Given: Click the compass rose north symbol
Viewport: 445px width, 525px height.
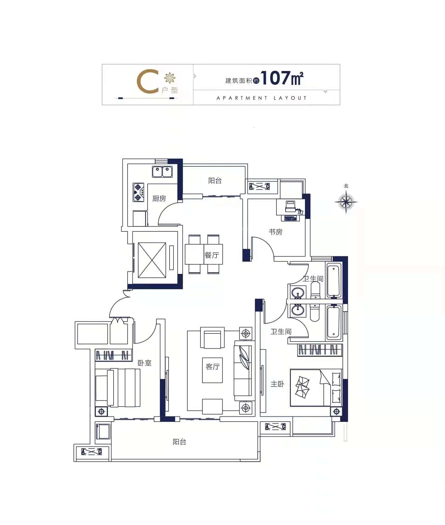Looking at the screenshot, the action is point(346,202).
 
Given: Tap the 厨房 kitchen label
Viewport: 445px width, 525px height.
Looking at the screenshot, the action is point(159,198).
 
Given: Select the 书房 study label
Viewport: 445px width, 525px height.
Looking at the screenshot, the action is point(275,232).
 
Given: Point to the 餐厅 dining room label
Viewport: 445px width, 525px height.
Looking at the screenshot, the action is point(212,255).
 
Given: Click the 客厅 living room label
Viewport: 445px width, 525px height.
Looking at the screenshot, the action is point(212,366).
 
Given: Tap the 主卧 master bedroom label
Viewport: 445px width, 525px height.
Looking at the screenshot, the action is point(277,384).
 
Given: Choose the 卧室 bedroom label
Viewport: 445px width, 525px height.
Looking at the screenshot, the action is point(144,363).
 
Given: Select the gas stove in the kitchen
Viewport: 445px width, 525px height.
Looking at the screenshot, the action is point(138,192).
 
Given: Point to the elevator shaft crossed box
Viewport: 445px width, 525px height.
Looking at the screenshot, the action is point(152,260).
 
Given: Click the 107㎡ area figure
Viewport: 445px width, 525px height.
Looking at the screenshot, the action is point(282,78).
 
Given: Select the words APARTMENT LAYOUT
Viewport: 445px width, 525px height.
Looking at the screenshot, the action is point(261,98).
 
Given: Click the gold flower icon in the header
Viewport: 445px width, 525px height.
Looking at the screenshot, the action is point(170,78).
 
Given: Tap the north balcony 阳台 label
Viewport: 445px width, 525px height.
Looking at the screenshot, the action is point(215,181).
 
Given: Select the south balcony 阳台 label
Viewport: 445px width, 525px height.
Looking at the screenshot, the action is point(179,442).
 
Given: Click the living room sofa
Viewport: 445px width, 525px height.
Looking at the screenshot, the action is point(243,371).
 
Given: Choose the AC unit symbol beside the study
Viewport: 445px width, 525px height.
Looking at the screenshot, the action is point(259,186).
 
